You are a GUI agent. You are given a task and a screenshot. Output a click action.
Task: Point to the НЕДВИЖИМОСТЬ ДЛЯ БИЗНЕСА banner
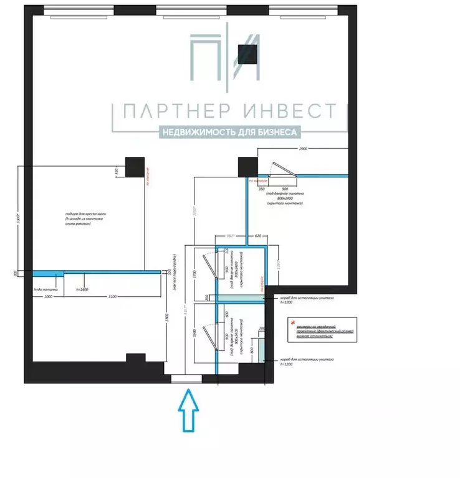click(x=230, y=132)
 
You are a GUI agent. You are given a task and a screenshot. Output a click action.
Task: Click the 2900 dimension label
click(x=304, y=150)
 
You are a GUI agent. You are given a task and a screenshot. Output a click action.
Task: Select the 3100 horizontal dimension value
click(x=112, y=297)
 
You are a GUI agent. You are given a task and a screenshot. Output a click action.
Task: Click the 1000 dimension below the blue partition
click(x=48, y=297)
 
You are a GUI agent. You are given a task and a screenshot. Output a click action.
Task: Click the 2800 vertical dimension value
click(x=167, y=318)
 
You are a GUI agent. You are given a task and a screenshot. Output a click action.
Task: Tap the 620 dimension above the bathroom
click(x=257, y=237)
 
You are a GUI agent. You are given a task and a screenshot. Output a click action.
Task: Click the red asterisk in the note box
click(x=291, y=322)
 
